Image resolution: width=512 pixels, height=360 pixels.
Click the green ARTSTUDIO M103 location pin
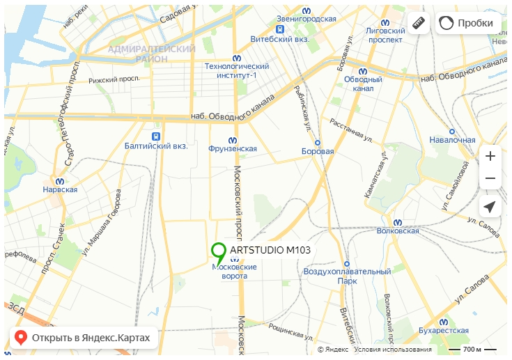tap(219, 251)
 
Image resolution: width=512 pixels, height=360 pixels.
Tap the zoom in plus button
tap(490, 156)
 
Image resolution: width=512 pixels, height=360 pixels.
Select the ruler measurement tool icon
tap(418, 23)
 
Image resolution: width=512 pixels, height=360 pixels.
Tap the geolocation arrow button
tap(490, 207)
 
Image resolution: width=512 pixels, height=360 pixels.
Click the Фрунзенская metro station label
tap(233, 148)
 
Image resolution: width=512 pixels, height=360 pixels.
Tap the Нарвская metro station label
tap(60, 189)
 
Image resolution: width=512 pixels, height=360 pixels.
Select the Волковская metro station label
tap(397, 230)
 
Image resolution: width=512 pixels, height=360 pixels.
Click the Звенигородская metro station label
tap(307, 19)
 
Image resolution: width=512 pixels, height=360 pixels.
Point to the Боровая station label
tap(318, 150)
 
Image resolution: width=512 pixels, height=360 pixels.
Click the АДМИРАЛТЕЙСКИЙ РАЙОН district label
tap(151, 54)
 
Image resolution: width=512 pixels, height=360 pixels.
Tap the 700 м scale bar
tap(472, 348)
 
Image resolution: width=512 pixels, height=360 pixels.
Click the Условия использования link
tap(392, 349)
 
